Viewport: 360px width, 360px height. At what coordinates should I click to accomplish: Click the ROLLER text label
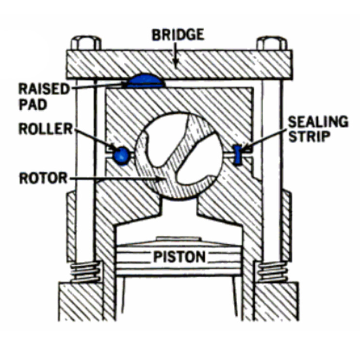coord(45,129)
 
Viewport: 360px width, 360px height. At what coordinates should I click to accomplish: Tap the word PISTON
coord(179,256)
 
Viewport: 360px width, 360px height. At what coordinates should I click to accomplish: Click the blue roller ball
coord(121,155)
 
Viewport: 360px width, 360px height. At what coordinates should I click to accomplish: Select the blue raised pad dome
coord(146,80)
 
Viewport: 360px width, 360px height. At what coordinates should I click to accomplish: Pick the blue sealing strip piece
coord(238,154)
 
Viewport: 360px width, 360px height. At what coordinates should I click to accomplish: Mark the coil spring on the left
coord(85,272)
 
